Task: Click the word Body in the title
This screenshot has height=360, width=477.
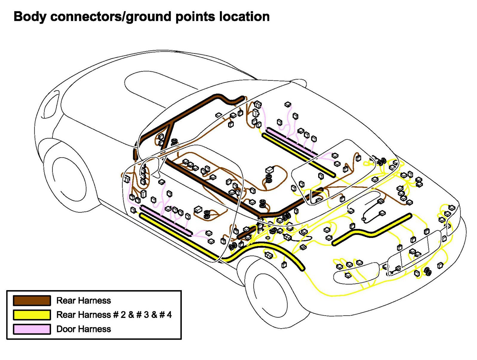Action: tap(30, 17)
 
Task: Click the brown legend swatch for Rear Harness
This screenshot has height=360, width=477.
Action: tap(32, 300)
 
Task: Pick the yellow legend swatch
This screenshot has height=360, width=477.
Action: tap(32, 315)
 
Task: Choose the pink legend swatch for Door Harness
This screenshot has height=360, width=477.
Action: tap(32, 329)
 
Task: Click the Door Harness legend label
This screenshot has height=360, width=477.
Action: tap(84, 329)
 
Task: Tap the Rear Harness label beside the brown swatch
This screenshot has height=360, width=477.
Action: tap(84, 300)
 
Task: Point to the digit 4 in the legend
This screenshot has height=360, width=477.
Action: tap(169, 315)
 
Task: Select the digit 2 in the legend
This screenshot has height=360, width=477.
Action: tap(123, 315)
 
